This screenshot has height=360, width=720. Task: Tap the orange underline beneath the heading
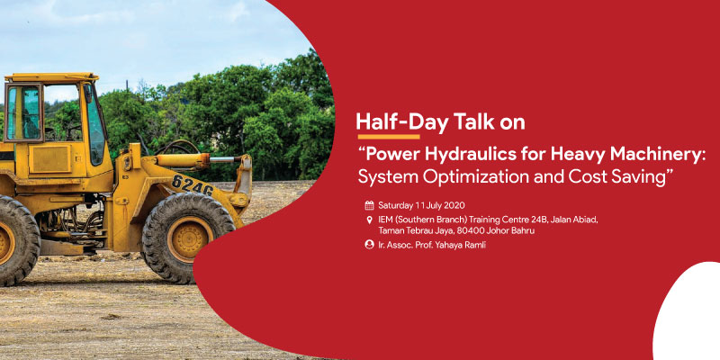(389, 137)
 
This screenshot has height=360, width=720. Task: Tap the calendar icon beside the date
(369, 205)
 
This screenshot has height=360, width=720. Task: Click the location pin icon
(369, 220)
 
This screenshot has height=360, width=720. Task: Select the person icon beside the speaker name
(369, 245)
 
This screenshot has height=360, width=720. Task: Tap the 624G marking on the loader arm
(193, 184)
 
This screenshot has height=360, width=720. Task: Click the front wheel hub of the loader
(190, 238)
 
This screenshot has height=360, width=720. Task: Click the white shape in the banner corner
(688, 312)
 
